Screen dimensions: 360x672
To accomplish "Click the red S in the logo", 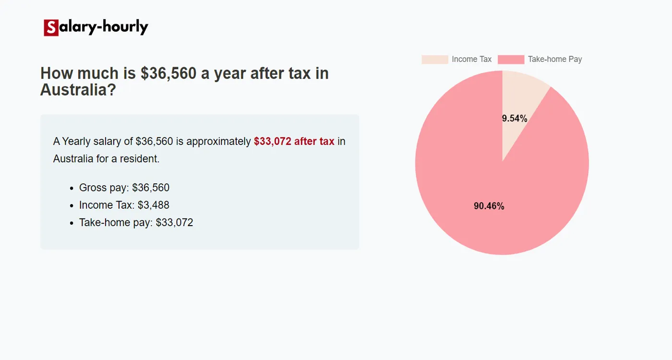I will (x=51, y=28).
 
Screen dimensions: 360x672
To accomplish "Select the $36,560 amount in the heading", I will (x=168, y=73).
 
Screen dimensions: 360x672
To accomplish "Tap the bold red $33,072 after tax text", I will (x=294, y=141).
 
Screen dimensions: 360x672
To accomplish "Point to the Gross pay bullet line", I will (x=124, y=188).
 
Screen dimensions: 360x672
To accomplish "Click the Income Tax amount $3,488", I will (x=153, y=205).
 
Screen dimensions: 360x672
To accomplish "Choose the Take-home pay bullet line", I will (x=136, y=223).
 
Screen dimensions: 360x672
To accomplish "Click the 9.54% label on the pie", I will (x=515, y=119).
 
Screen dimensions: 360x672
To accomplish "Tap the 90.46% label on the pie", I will (x=489, y=206).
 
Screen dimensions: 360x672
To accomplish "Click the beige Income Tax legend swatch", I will (x=434, y=60).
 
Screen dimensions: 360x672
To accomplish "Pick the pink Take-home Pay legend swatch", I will (x=511, y=60).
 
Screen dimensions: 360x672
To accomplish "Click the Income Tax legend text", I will (x=471, y=60).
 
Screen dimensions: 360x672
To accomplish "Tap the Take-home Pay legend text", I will (x=555, y=60).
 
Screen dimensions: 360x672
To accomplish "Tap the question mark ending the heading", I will (x=111, y=90).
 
